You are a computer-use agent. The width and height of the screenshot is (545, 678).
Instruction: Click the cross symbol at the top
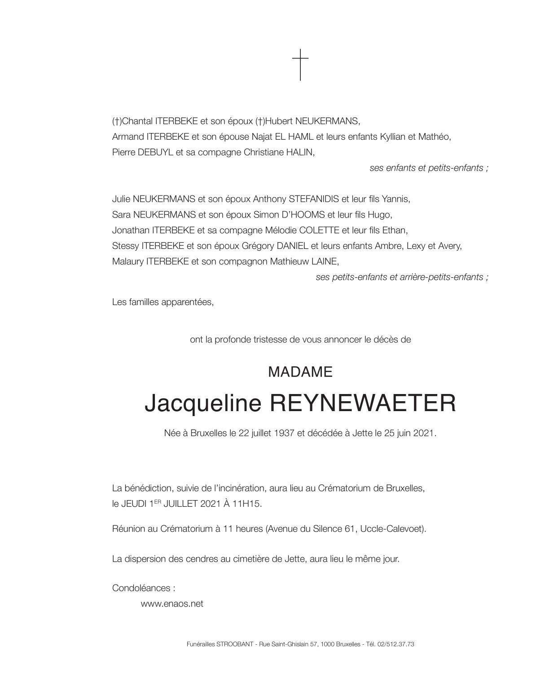click(x=300, y=65)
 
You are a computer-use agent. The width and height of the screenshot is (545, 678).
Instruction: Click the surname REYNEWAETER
click(x=362, y=403)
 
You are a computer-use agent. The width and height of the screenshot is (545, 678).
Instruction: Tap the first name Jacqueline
click(x=203, y=403)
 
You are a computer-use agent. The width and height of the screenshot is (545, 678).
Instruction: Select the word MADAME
click(x=300, y=372)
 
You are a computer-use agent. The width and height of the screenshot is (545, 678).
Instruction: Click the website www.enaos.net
click(x=172, y=603)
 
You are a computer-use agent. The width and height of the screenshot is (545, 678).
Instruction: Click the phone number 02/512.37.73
click(x=397, y=644)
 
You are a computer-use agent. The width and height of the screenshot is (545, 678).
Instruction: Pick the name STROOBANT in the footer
click(x=233, y=644)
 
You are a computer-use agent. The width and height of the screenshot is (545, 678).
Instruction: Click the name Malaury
click(x=128, y=261)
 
